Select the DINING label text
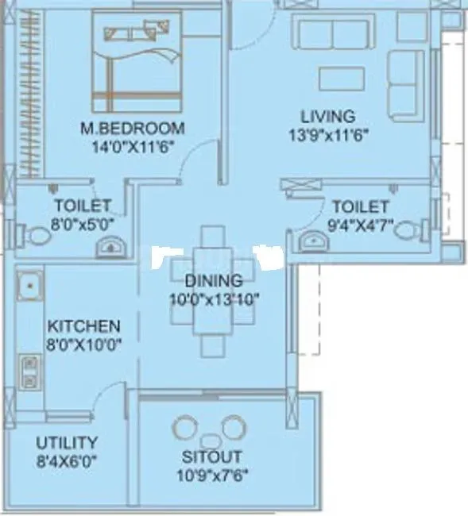point(213,280)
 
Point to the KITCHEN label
point(83,326)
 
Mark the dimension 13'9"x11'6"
point(328,134)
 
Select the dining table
point(213,291)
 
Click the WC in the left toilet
point(36,236)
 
